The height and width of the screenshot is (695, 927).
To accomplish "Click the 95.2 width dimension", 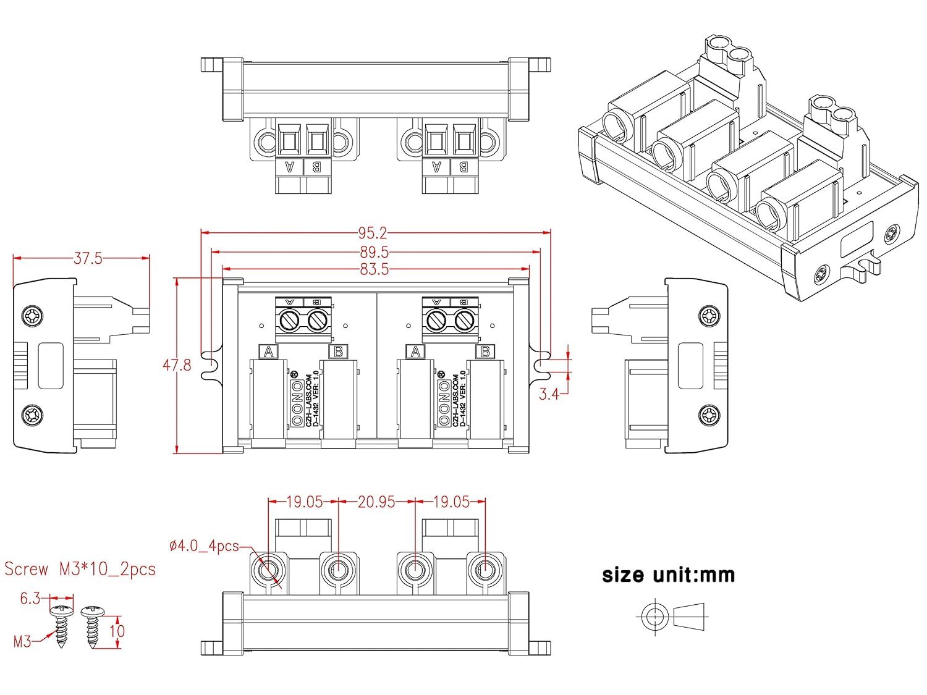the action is pyautogui.click(x=372, y=233).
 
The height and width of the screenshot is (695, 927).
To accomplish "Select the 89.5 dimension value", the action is pyautogui.click(x=374, y=252).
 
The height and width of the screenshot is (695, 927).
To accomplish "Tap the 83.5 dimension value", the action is pyautogui.click(x=374, y=269).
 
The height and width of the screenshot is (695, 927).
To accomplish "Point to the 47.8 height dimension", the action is pyautogui.click(x=177, y=365).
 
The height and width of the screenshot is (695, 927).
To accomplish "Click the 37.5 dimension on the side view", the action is pyautogui.click(x=88, y=258).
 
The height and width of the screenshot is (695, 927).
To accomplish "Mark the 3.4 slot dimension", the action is pyautogui.click(x=549, y=394).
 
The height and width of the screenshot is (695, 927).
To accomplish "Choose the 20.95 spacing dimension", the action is pyautogui.click(x=376, y=502).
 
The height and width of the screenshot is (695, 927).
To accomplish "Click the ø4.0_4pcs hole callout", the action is pyautogui.click(x=204, y=546).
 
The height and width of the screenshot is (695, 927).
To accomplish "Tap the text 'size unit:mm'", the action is pyautogui.click(x=669, y=575).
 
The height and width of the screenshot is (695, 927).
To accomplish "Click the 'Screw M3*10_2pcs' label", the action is pyautogui.click(x=80, y=569).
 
